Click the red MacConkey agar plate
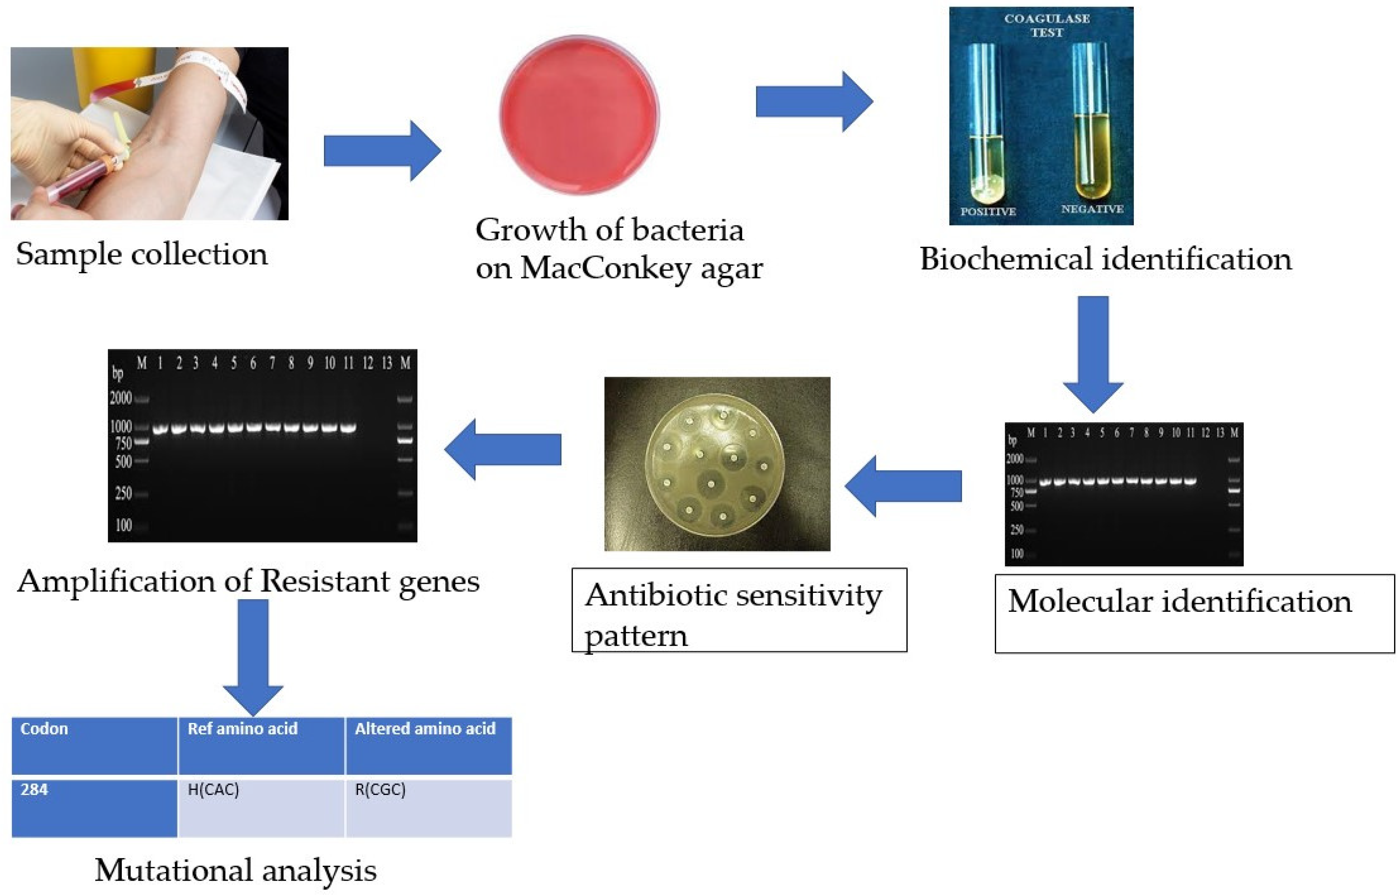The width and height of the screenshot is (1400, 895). [x=579, y=114]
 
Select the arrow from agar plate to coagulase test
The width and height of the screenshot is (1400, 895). [x=813, y=102]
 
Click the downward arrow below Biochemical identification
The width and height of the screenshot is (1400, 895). [x=1093, y=354]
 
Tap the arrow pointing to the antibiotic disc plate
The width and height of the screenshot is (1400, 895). [x=903, y=486]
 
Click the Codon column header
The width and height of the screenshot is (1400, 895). [x=94, y=745]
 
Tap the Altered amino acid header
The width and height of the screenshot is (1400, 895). [x=428, y=745]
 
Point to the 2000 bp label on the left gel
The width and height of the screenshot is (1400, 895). [x=121, y=398]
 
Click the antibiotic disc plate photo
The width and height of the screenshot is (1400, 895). [x=717, y=464]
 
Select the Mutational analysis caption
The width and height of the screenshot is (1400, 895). [x=235, y=870]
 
